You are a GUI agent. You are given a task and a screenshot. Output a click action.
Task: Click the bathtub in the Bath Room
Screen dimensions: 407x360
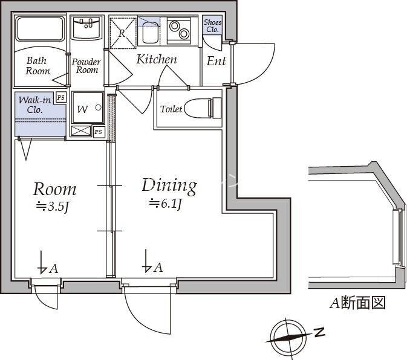tap(41, 29)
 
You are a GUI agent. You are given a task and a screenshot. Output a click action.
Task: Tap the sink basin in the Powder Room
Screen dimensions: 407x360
tap(86, 28)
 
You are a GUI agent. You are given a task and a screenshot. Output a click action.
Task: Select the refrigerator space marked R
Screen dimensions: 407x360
tap(123, 33)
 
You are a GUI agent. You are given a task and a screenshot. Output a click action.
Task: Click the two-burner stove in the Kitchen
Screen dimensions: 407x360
tap(179, 30)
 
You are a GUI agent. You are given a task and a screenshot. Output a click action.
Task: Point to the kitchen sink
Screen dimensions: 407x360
tap(149, 31)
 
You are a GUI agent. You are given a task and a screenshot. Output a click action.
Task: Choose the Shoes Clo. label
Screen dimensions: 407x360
tap(213, 25)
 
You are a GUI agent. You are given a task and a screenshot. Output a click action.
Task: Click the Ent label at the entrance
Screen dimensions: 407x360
tap(217, 61)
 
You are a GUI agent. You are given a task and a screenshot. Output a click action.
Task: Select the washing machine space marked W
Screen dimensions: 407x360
tap(88, 108)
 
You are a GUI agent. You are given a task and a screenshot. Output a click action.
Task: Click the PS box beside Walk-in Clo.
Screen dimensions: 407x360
tap(61, 97)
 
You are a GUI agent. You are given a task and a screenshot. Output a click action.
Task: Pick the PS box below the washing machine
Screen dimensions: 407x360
tap(99, 132)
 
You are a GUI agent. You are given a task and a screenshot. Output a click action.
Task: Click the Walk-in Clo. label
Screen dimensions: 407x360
tap(34, 104)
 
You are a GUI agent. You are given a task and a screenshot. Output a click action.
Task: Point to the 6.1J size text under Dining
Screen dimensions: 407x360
tap(165, 204)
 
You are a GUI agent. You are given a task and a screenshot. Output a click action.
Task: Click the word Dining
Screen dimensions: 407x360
tap(169, 186)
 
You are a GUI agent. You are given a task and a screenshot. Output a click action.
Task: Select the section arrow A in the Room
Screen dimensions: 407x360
tap(48, 263)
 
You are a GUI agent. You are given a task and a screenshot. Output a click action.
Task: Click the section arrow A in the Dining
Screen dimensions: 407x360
tap(152, 262)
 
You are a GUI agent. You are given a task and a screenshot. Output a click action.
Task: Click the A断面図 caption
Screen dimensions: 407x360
tap(357, 303)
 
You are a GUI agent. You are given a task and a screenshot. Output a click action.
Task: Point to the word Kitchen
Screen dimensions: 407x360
tap(157, 59)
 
